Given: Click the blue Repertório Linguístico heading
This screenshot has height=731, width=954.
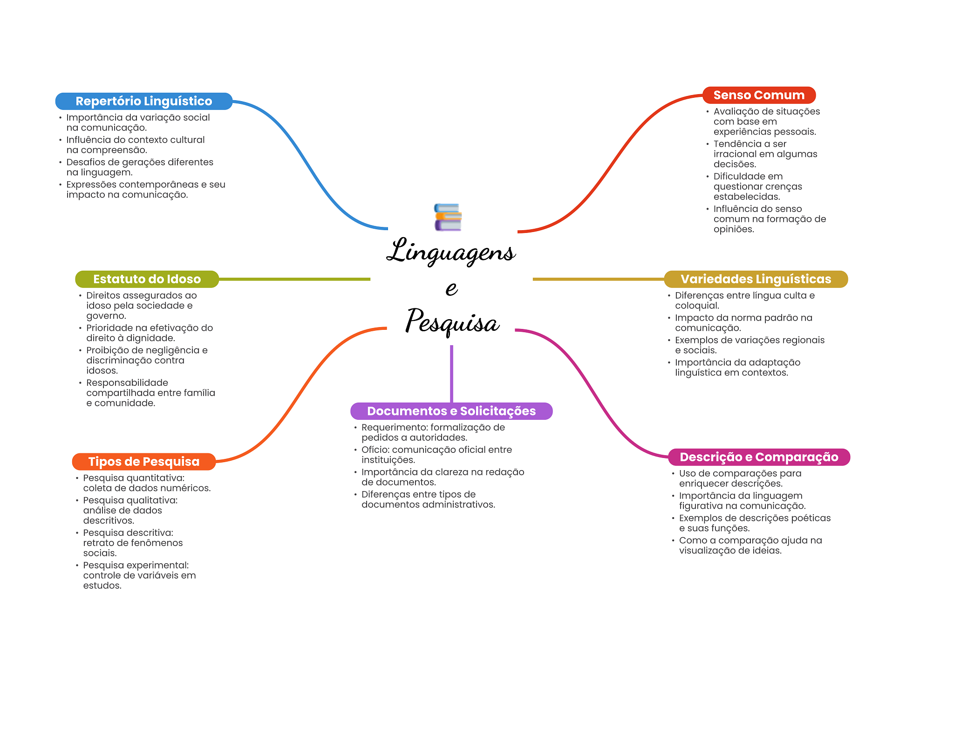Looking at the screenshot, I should pyautogui.click(x=143, y=101).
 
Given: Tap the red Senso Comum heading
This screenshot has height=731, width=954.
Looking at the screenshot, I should pyautogui.click(x=759, y=95).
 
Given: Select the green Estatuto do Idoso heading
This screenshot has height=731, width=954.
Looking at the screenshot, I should pyautogui.click(x=147, y=279).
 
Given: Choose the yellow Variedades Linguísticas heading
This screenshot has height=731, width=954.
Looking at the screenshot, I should pyautogui.click(x=756, y=279).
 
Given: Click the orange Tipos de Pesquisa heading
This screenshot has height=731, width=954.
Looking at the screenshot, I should pyautogui.click(x=143, y=462).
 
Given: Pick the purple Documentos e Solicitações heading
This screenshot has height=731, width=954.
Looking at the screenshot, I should pyautogui.click(x=451, y=411).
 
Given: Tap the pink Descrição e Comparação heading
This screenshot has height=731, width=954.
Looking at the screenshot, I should pyautogui.click(x=759, y=457).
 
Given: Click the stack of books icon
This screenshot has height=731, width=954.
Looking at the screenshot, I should pyautogui.click(x=448, y=217).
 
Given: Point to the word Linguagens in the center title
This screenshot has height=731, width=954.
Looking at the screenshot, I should pyautogui.click(x=451, y=252).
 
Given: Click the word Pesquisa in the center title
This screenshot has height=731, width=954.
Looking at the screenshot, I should pyautogui.click(x=452, y=322).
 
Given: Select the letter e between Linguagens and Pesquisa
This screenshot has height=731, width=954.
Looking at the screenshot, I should pyautogui.click(x=451, y=288).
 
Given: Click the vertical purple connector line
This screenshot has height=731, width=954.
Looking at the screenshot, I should pyautogui.click(x=451, y=373).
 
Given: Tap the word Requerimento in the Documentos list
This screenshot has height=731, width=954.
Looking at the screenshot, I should pyautogui.click(x=394, y=427).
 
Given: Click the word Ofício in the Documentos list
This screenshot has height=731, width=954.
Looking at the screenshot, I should pyautogui.click(x=375, y=450).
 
